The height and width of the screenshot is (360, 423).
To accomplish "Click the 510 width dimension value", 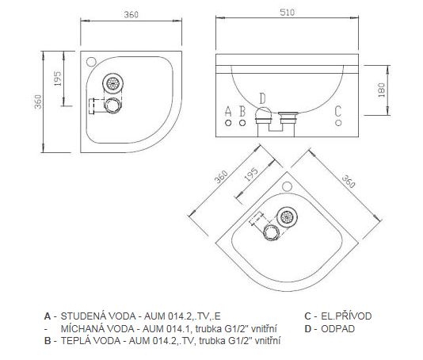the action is [288, 13].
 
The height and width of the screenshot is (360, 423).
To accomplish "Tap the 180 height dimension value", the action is [382, 90].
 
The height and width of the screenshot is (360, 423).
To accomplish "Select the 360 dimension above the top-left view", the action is [131, 14].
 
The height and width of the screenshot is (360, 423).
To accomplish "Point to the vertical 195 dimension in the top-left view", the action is [58, 79].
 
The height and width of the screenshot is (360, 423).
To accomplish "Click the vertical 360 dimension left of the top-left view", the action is [38, 101].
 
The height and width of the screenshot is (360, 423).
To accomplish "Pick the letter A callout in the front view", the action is [228, 111].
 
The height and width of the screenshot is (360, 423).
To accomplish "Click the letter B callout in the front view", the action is [242, 111].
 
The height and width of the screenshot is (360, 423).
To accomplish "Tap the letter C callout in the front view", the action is [338, 111].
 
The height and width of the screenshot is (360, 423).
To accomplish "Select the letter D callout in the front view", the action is [262, 98].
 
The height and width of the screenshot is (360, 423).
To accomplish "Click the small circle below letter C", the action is [338, 123].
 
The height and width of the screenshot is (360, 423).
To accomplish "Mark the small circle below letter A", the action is [228, 123].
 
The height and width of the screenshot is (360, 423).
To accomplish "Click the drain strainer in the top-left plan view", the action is [113, 83].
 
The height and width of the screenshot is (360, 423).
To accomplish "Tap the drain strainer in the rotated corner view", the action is [287, 216].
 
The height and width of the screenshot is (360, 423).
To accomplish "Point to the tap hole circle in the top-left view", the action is [91, 62].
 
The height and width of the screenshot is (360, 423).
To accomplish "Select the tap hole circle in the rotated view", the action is [287, 186].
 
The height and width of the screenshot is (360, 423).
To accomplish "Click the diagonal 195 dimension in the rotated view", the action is [251, 174].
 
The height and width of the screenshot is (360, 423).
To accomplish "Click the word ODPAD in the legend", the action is [337, 329].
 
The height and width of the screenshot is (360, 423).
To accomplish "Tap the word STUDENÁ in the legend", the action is [80, 316].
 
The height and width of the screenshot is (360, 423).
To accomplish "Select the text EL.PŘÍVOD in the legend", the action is [346, 316].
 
